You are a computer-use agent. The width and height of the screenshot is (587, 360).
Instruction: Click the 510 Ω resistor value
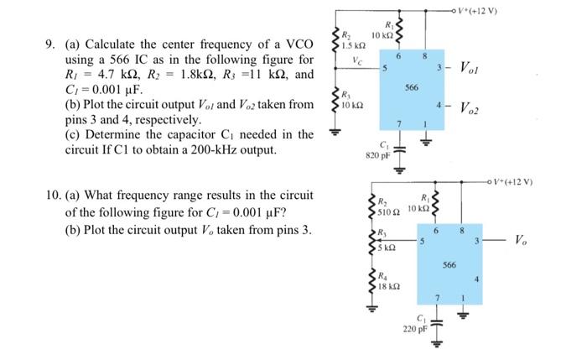[x=388, y=212]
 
